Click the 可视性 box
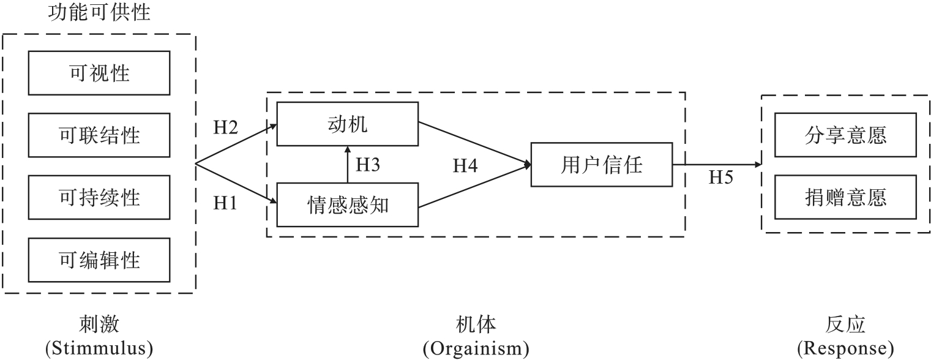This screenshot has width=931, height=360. (x=99, y=72)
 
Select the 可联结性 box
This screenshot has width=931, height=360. (x=99, y=135)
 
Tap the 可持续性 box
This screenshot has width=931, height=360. (x=99, y=197)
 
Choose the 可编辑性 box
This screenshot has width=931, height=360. (x=99, y=260)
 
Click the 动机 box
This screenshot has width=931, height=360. (x=347, y=124)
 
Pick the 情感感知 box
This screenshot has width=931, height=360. (x=347, y=205)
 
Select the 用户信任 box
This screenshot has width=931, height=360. (x=601, y=165)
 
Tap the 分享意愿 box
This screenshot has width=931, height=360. (x=845, y=135)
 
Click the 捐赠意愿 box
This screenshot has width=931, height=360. (x=845, y=197)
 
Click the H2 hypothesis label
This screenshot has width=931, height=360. (x=225, y=127)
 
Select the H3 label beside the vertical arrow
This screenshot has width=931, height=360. (x=368, y=165)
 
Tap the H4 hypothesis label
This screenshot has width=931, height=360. (x=465, y=165)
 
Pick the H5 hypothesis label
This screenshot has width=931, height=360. (x=721, y=178)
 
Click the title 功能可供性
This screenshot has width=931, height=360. (x=99, y=12)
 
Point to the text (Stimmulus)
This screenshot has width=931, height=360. (x=99, y=348)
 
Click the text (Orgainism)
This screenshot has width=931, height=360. (x=476, y=348)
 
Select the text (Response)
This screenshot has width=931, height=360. (x=845, y=348)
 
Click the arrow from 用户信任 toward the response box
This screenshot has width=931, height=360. (x=716, y=165)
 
